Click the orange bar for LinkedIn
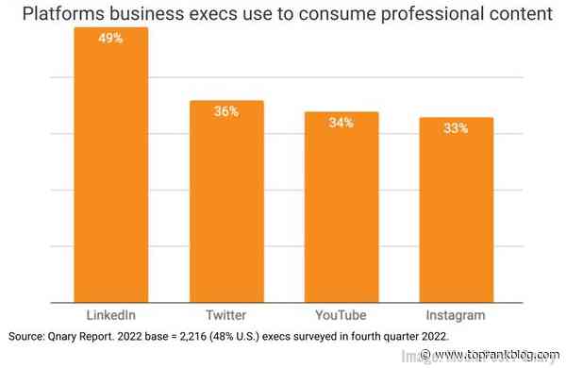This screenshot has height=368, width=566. (x=111, y=170)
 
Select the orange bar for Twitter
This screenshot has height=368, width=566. (x=226, y=203)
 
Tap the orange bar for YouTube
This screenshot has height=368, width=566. (x=341, y=208)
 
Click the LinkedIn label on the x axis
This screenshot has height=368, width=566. (x=111, y=314)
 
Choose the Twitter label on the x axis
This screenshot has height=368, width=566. (x=226, y=314)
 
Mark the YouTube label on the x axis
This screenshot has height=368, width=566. (x=341, y=314)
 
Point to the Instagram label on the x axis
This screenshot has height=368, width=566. (x=457, y=314)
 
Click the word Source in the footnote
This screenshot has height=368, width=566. (x=27, y=337)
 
